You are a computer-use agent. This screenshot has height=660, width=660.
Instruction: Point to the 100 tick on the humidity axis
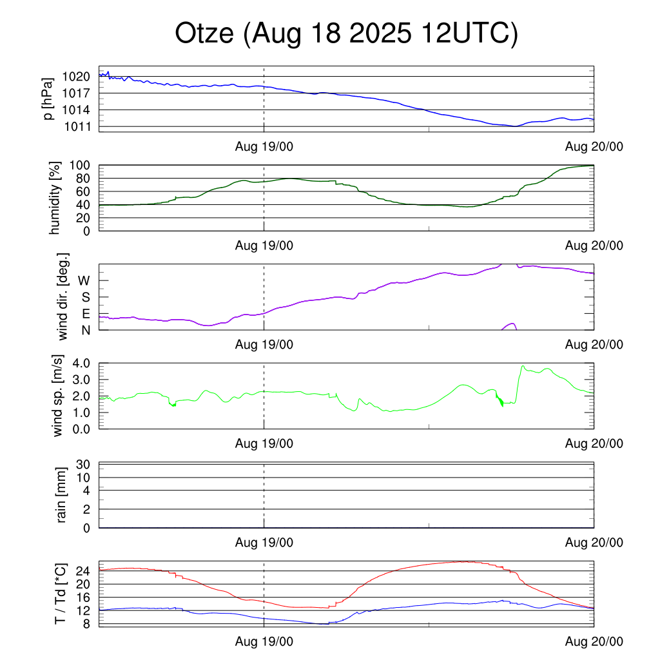coord(81,166)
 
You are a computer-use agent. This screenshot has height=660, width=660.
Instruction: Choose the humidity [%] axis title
coord(55,198)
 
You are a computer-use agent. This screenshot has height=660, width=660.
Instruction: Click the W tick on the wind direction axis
coord(84,281)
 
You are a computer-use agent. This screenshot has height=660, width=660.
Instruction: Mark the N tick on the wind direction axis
coord(85,330)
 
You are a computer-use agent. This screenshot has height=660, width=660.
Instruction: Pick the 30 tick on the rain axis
coord(84,465)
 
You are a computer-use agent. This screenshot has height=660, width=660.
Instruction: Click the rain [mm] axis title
coord(62,495)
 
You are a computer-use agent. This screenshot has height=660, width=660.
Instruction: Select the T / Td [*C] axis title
coord(59,594)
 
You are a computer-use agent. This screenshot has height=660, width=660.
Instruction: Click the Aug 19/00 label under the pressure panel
coord(264,147)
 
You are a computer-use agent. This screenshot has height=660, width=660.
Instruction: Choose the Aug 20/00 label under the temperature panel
coord(594,641)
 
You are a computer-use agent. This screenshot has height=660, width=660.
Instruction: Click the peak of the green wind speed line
coord(523,366)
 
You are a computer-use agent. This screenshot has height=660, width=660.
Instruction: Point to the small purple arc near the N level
coord(511,324)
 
